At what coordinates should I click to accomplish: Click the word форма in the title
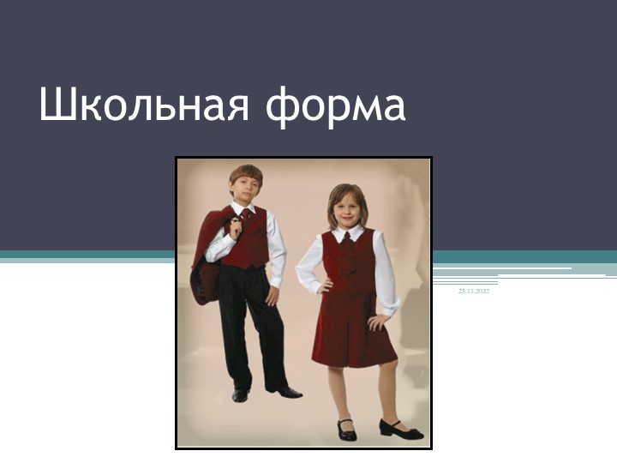click(336, 106)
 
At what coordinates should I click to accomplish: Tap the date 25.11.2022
click(473, 292)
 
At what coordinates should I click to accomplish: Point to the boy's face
click(245, 189)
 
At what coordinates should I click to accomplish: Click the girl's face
click(349, 209)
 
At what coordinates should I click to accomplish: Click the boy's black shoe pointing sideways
click(285, 391)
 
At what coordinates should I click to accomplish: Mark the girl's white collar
click(350, 232)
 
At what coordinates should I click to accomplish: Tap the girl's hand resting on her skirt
click(377, 323)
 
